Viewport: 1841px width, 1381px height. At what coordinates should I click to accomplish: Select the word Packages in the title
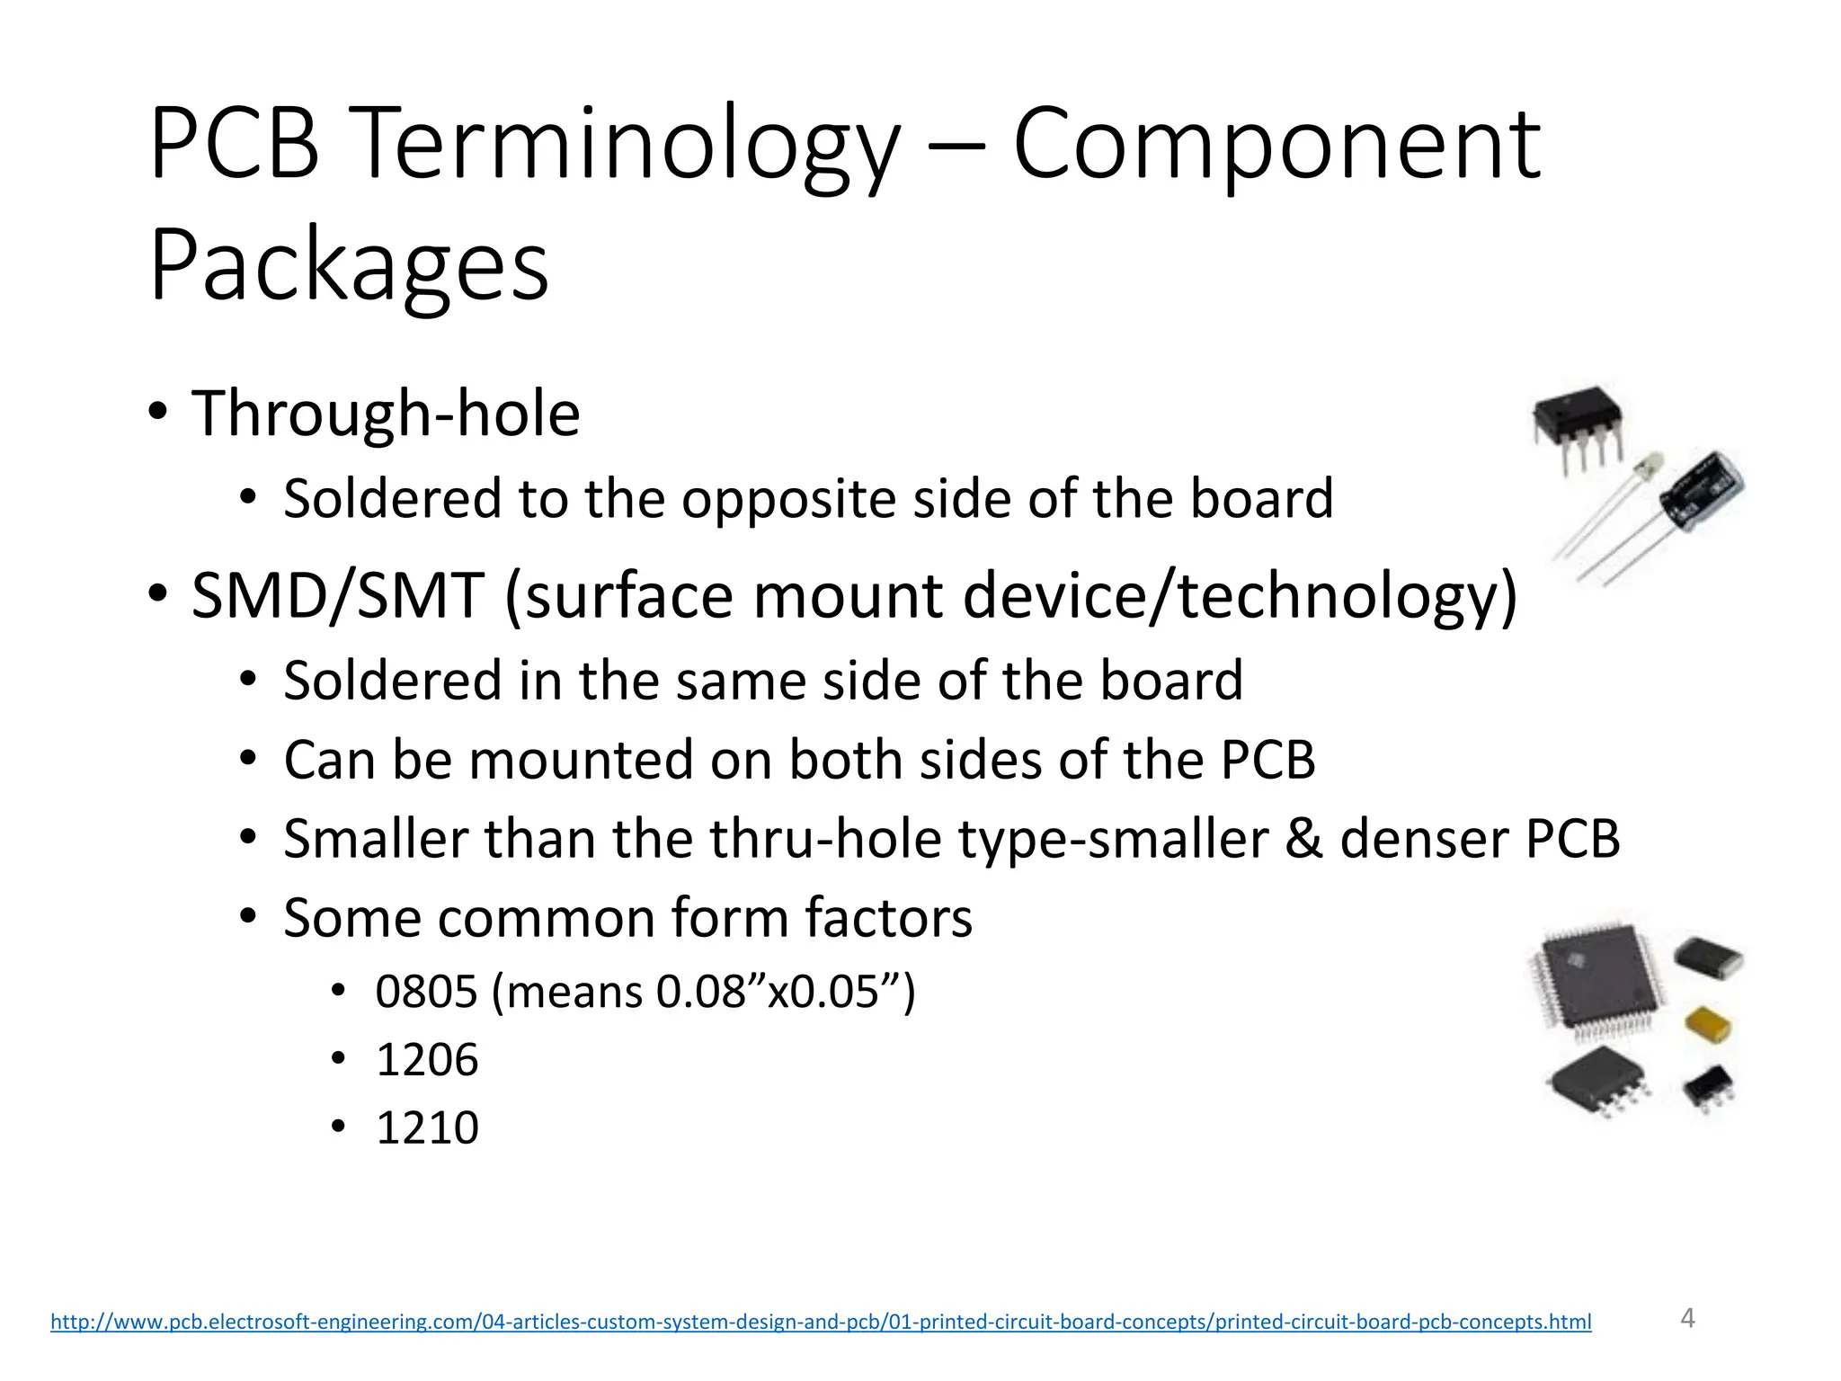pyautogui.click(x=349, y=266)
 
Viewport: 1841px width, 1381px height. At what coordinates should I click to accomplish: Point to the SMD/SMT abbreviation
pyautogui.click(x=338, y=595)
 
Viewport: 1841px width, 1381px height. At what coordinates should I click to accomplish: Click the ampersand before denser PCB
pyautogui.click(x=1303, y=838)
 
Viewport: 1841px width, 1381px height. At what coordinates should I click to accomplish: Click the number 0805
pyautogui.click(x=426, y=992)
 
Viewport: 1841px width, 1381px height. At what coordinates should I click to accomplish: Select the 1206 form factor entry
pyautogui.click(x=427, y=1059)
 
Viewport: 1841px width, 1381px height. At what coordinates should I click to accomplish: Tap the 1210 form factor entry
pyautogui.click(x=427, y=1127)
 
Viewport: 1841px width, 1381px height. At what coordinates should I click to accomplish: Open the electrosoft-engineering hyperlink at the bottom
pyautogui.click(x=821, y=1322)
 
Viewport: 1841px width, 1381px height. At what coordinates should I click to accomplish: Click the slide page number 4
pyautogui.click(x=1687, y=1318)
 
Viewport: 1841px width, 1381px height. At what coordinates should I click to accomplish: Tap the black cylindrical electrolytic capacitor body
pyautogui.click(x=1702, y=493)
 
